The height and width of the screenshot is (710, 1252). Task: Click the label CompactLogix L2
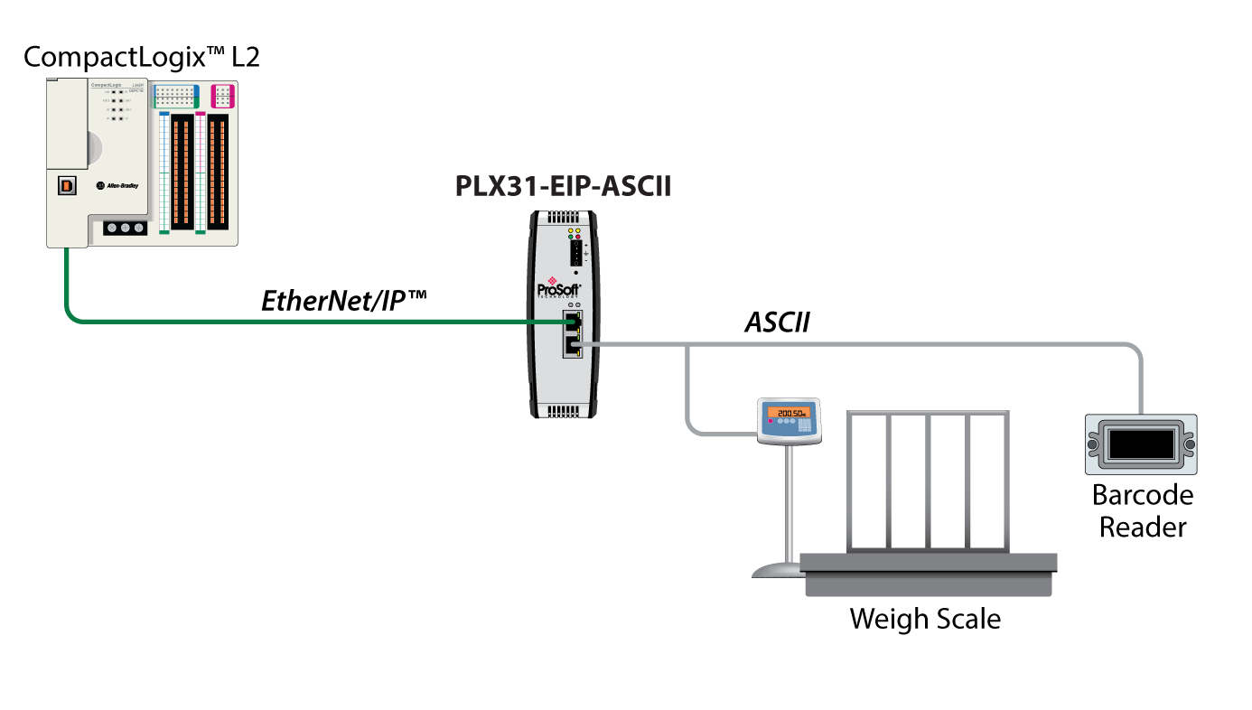coord(141,58)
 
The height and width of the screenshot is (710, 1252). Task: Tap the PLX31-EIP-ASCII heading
coord(563,188)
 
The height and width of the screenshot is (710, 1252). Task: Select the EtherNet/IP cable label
coord(343,300)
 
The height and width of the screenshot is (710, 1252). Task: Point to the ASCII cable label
coord(776,322)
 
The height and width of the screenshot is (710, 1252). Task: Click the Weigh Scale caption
coord(925,620)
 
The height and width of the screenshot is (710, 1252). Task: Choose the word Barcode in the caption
coord(1142,495)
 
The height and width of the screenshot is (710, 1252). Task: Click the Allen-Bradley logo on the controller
coord(117,185)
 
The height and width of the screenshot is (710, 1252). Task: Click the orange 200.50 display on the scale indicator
coord(789,412)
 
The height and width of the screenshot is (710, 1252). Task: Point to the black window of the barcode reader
coord(1141,444)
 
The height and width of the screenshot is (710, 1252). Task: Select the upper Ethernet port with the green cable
coord(571,322)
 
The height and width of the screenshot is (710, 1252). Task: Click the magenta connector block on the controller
coord(223,96)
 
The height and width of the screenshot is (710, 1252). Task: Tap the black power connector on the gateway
coord(576,253)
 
